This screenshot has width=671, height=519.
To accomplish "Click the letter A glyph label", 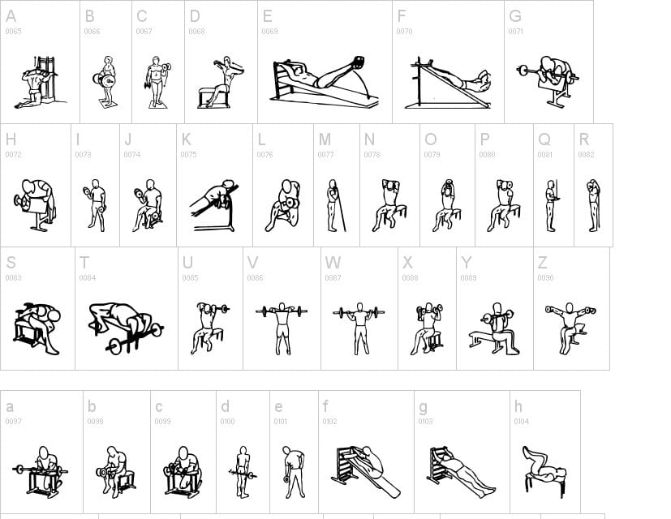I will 11,16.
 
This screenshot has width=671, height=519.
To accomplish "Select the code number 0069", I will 269,32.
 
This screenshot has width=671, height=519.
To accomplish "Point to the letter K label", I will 187,139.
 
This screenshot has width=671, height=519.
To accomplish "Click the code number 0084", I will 87,278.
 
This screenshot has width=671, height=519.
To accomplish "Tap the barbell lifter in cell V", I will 282,327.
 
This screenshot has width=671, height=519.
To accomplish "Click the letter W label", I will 333,263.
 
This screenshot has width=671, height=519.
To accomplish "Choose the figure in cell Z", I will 570,327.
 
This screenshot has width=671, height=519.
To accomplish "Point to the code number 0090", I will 545,278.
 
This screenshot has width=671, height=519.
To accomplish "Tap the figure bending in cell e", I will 293,471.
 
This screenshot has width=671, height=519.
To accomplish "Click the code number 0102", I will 329,422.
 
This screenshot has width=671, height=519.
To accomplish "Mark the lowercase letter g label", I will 423,407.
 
